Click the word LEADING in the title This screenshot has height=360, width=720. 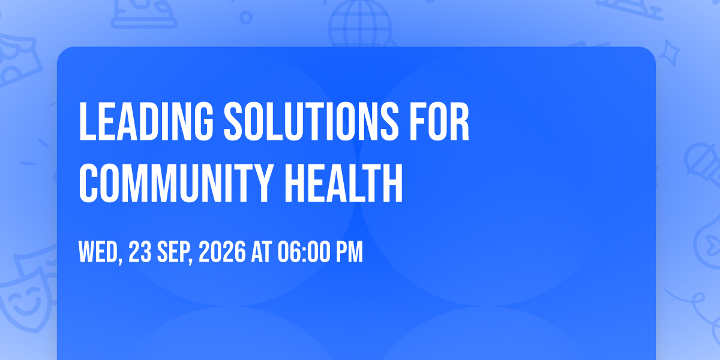tap(146, 121)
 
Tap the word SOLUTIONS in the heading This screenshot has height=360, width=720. tap(311, 121)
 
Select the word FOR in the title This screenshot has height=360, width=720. tap(439, 121)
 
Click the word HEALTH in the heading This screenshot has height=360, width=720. tap(344, 183)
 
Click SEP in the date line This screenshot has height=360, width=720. tap(175, 252)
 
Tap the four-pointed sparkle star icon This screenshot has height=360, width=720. tap(670, 53)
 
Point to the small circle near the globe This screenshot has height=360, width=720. tap(246, 17)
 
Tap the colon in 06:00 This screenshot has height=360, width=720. tap(304, 253)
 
